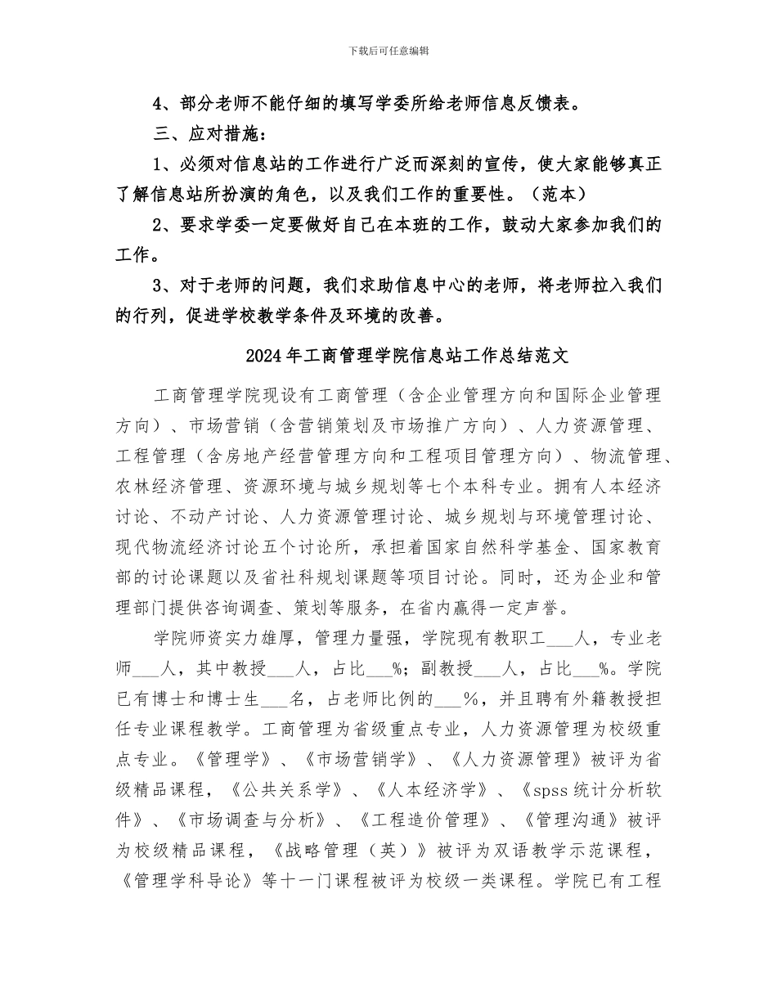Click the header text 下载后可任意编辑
[388, 51]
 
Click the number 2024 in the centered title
[261, 357]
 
